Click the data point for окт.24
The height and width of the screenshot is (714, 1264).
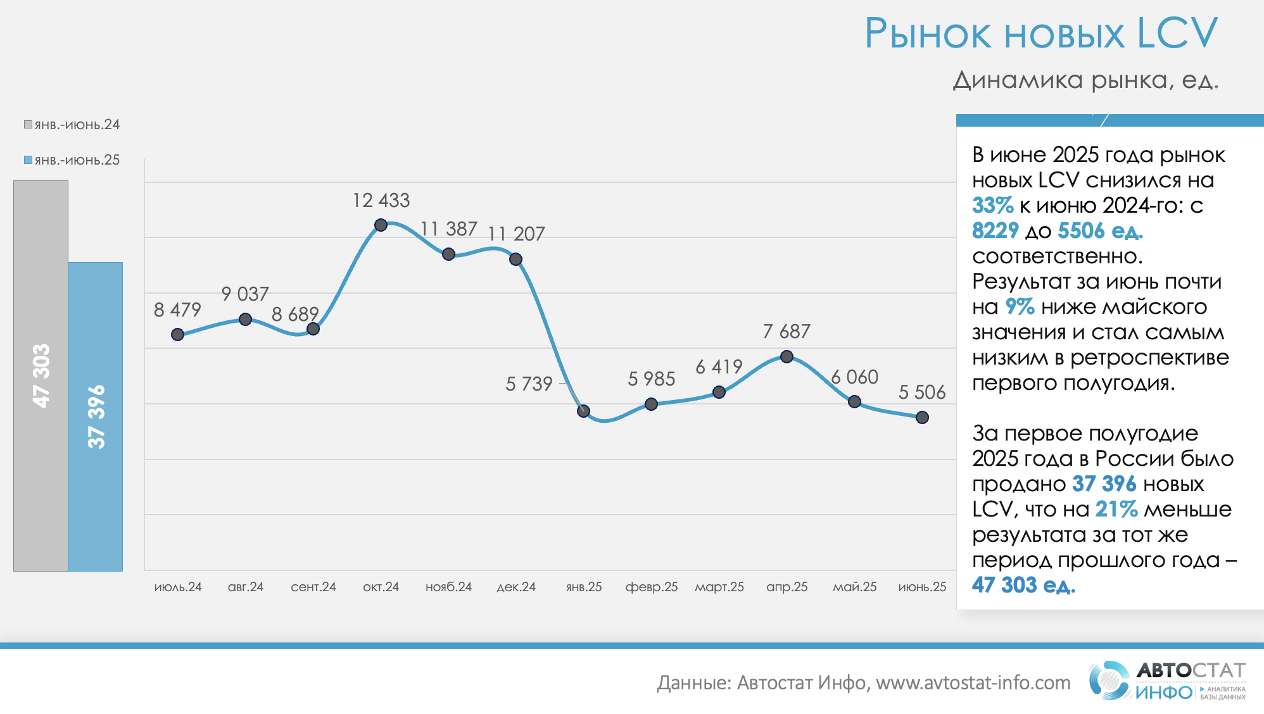(381, 225)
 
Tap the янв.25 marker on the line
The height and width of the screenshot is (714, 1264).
(584, 411)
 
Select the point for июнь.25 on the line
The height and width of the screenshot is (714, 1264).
(922, 417)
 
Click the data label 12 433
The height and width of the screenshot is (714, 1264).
(381, 200)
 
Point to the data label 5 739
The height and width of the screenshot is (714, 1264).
(529, 384)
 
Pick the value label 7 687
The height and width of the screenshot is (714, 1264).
(787, 331)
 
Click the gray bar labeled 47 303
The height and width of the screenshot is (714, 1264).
(41, 375)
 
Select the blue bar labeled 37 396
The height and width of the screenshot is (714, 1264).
(96, 416)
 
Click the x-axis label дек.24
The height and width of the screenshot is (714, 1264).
(516, 587)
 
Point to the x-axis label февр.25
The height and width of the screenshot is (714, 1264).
(652, 587)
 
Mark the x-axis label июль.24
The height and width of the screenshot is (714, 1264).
(178, 587)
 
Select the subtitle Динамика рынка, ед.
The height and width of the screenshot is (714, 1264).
(1085, 80)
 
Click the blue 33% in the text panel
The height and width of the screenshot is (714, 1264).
(992, 206)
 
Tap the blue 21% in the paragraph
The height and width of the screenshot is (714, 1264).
(1116, 510)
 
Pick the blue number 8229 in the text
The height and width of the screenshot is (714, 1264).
(995, 231)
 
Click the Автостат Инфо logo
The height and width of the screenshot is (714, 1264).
(1167, 681)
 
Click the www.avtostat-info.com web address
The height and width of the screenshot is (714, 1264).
(973, 683)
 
